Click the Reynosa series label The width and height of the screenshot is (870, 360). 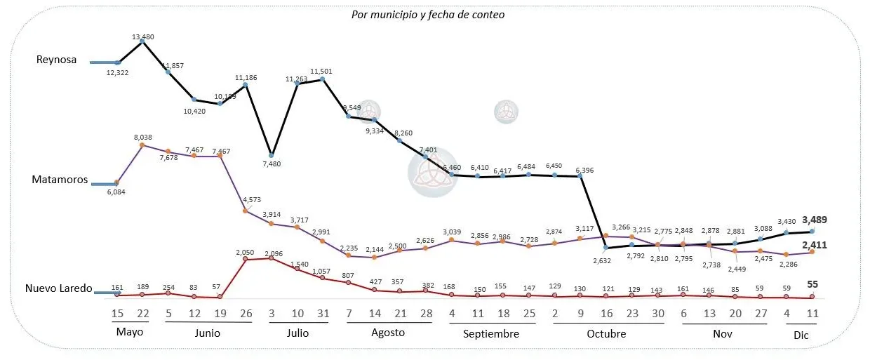tap(56, 60)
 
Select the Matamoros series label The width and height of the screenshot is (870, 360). tap(60, 180)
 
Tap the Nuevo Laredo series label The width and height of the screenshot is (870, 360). tap(59, 288)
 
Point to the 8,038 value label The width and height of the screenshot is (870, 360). tap(142, 138)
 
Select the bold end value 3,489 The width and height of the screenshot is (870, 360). tap(814, 220)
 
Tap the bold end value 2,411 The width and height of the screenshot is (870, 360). tap(814, 245)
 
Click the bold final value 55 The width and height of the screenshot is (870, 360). tap(813, 284)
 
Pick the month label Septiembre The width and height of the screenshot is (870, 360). tap(490, 334)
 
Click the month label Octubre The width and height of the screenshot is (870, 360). tap(606, 334)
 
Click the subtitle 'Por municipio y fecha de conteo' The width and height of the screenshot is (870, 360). tap(428, 14)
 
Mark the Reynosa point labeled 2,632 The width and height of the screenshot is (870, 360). tap(605, 247)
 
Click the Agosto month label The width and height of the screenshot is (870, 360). tap(387, 333)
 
